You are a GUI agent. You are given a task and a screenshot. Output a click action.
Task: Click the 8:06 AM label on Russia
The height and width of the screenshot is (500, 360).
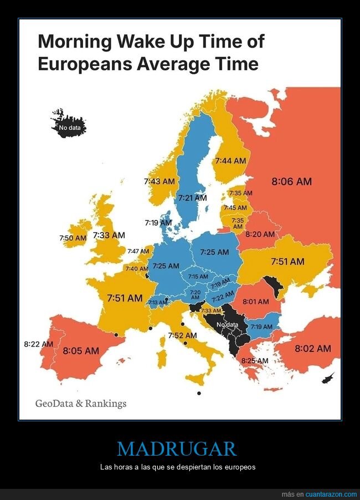coord(291,181)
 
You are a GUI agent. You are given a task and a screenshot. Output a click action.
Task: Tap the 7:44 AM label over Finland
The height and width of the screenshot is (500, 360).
coord(230,161)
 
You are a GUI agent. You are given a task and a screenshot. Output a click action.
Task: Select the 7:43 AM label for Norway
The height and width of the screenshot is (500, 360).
coord(159,181)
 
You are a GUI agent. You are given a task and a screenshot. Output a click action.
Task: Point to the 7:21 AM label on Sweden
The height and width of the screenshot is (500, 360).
coord(192,197)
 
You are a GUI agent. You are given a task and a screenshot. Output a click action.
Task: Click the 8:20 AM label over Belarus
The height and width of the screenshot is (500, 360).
coord(260,234)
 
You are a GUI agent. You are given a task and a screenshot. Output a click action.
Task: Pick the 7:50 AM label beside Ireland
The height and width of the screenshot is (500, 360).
coord(73,238)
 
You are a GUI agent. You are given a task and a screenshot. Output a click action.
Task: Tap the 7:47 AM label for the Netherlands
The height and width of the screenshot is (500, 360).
coord(138,252)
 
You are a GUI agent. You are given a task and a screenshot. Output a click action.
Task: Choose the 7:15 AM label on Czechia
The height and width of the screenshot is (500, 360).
coord(198,277)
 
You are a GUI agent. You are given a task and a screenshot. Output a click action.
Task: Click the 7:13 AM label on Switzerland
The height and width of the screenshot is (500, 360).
coord(157,303)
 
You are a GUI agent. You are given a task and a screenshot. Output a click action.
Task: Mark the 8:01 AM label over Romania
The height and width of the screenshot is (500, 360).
coord(255,302)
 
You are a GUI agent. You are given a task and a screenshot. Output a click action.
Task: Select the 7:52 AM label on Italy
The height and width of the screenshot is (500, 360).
coord(182,335)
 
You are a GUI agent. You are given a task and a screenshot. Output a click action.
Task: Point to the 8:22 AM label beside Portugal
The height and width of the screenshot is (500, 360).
coord(38,344)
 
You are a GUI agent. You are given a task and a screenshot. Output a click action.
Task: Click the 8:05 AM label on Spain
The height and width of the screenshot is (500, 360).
coord(81,350)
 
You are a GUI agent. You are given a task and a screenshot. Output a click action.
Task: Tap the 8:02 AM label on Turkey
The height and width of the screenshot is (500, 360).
coord(312,349)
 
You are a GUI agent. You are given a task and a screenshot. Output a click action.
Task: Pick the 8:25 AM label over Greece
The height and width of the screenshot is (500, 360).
coord(254,360)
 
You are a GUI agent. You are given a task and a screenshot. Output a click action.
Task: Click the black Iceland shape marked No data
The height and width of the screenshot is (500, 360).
coord(71,127)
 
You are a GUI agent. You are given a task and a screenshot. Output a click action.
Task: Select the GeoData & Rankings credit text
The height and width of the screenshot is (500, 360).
coord(81,403)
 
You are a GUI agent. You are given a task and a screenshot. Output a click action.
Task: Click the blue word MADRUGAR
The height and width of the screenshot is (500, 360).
coord(177,448)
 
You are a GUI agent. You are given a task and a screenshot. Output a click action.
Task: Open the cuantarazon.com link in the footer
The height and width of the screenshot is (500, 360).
coord(331,494)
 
